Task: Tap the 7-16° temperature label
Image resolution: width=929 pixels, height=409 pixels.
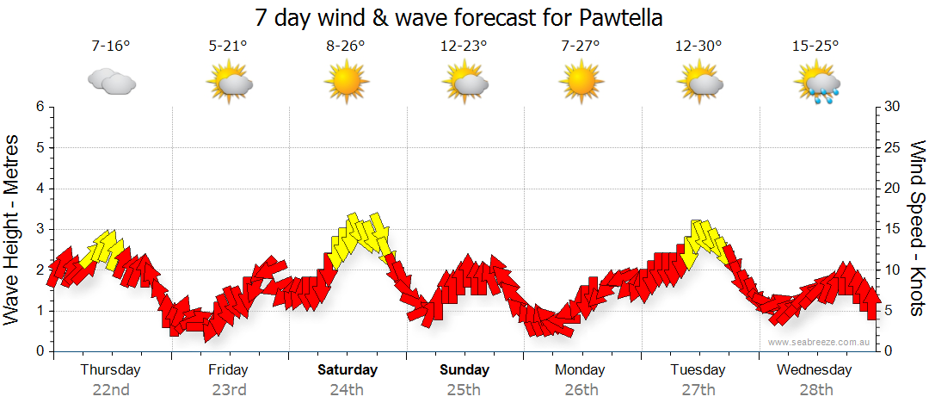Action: click(x=111, y=46)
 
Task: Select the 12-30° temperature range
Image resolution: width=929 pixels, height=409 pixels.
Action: click(x=698, y=46)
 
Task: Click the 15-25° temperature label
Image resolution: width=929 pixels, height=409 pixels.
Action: click(x=815, y=46)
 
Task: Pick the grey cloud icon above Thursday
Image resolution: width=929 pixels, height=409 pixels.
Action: click(x=112, y=82)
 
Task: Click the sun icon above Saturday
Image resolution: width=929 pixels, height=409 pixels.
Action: click(x=347, y=82)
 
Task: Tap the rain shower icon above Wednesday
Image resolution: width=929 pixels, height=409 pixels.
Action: click(x=815, y=83)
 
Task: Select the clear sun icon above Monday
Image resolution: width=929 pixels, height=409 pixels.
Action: click(x=581, y=82)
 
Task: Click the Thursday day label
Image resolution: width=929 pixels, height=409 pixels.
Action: click(x=110, y=369)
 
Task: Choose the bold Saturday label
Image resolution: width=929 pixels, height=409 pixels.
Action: click(x=348, y=369)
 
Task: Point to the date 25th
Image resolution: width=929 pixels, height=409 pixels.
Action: click(x=463, y=389)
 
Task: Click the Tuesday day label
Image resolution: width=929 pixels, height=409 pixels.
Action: click(x=698, y=369)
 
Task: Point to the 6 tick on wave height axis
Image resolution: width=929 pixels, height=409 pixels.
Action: click(x=40, y=107)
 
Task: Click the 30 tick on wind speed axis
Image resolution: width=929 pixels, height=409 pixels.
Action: click(x=894, y=107)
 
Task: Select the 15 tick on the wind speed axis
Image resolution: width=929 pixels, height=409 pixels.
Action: click(x=894, y=229)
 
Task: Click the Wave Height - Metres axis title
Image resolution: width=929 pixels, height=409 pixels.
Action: click(x=13, y=229)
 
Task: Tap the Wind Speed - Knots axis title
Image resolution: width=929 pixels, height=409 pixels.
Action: click(x=917, y=229)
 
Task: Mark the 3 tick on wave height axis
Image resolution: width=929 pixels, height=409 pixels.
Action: click(x=40, y=229)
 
